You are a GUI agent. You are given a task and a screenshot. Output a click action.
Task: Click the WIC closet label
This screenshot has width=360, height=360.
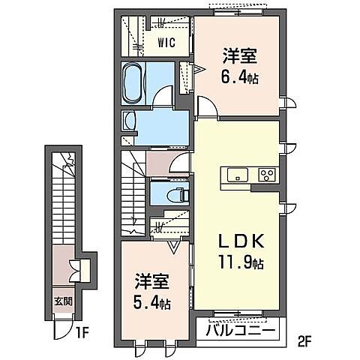[x=166, y=42]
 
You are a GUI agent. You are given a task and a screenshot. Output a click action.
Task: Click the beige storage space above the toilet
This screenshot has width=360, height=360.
[x=158, y=163]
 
